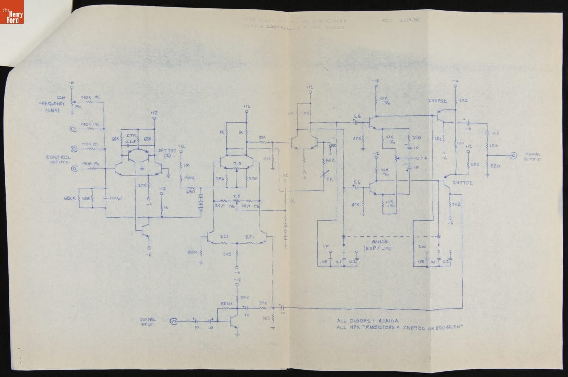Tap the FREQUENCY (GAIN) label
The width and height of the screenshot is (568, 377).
pos(52,107)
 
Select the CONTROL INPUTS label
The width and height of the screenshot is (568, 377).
pos(59,160)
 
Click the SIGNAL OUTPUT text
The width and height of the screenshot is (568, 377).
pos(532,157)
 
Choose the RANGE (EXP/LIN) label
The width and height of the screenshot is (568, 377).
pos(380,245)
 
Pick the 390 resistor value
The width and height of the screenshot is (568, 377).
pos(417,137)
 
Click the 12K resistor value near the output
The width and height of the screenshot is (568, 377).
pos(493,146)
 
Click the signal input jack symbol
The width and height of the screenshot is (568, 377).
pos(174,322)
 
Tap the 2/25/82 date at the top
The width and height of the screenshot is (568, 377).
pos(410,21)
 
